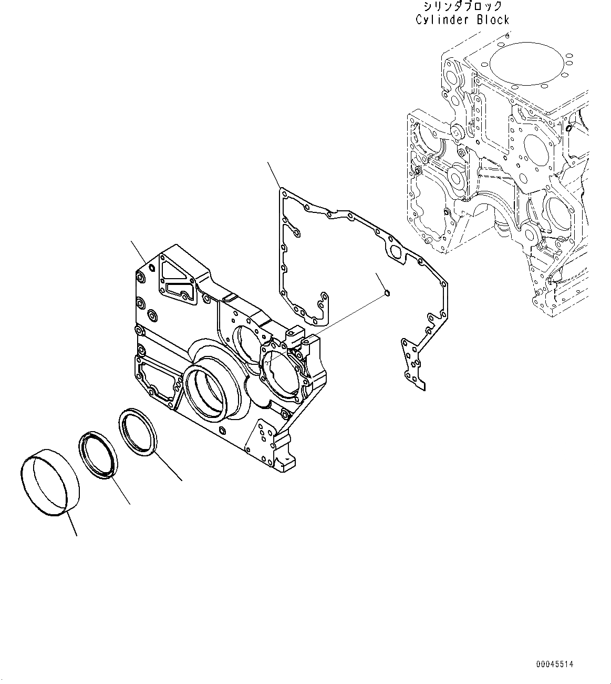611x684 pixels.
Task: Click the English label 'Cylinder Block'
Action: click(462, 20)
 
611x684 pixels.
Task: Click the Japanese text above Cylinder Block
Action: click(462, 7)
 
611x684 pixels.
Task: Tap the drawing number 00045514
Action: click(555, 664)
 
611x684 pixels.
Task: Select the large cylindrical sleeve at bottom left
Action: click(50, 481)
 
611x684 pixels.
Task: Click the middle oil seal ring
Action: click(98, 455)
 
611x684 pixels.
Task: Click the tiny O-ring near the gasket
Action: click(387, 292)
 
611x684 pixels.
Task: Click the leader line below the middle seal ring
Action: click(121, 492)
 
